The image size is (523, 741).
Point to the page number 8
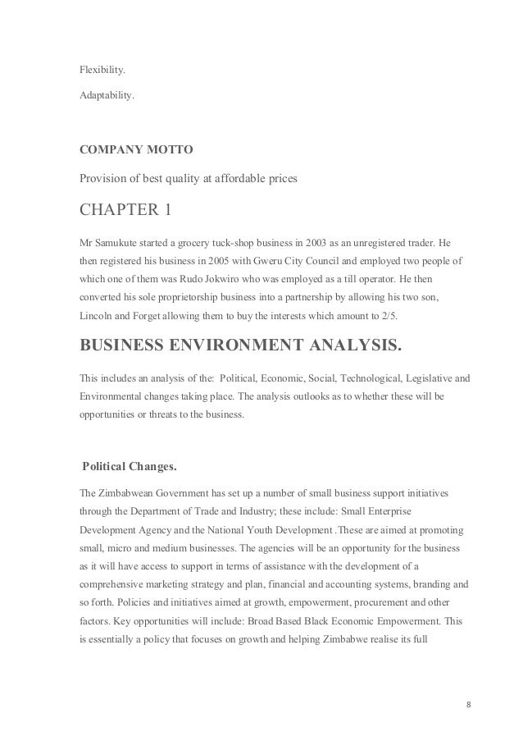point(468,705)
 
